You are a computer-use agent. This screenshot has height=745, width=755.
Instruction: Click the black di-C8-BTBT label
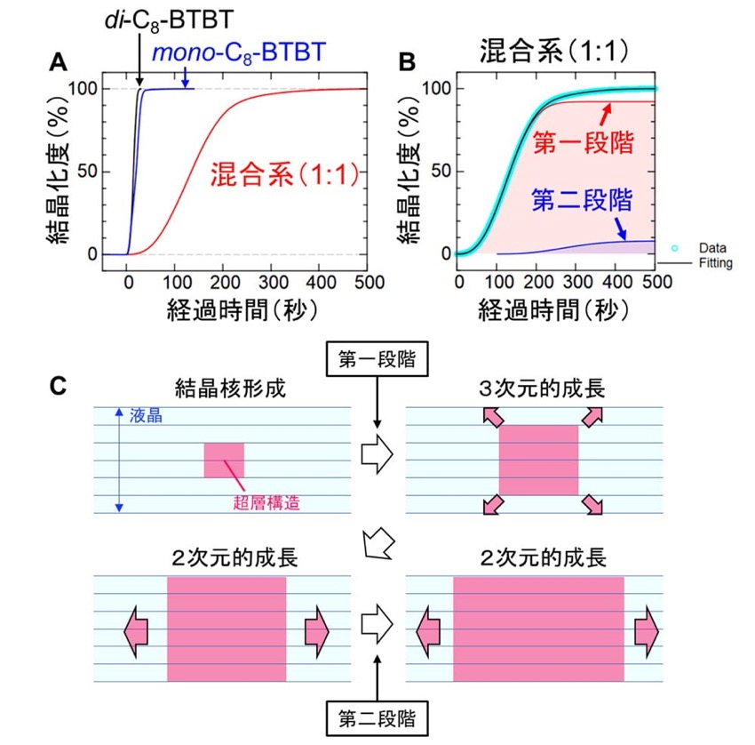[169, 20]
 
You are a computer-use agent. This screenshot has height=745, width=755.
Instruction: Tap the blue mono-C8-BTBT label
[239, 53]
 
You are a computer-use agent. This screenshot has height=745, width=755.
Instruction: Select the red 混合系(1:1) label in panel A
[285, 174]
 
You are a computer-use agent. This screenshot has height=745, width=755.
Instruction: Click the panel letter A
[59, 62]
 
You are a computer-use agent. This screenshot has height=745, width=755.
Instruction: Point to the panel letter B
[408, 62]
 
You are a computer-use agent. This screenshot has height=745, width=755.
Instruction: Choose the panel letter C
[59, 386]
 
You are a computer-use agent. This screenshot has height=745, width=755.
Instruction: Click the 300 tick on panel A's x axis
[273, 282]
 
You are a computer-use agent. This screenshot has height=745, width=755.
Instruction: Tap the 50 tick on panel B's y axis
[441, 171]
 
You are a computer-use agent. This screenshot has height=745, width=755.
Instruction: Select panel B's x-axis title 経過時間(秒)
[553, 310]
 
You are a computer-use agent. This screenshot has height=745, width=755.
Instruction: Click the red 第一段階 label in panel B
[583, 142]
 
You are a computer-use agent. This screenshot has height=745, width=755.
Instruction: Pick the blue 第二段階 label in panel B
[582, 200]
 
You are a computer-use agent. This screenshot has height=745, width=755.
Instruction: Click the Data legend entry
[712, 248]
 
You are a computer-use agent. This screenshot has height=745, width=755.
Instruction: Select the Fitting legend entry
[716, 263]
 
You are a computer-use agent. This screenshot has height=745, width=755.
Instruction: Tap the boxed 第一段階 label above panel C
[377, 359]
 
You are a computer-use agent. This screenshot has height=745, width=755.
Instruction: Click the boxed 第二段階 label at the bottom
[377, 718]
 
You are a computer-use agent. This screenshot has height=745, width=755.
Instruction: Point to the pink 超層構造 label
[266, 502]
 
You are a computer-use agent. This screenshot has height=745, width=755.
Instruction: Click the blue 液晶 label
[146, 416]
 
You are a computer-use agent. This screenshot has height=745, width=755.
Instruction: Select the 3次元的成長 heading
[542, 389]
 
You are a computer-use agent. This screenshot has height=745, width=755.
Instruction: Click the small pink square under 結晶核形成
[224, 461]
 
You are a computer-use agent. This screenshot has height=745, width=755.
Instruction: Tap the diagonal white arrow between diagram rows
[378, 543]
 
